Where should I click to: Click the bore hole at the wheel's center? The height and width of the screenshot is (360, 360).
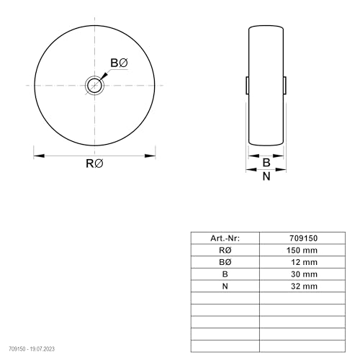(95, 85)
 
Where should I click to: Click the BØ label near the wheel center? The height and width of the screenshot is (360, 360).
(119, 64)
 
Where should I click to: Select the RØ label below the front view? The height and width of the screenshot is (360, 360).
(95, 164)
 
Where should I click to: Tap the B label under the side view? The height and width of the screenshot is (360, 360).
(266, 163)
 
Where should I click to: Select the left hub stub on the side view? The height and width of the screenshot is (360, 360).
(247, 85)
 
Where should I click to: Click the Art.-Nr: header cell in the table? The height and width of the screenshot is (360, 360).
(225, 238)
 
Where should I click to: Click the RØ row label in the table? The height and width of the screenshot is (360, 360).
(225, 250)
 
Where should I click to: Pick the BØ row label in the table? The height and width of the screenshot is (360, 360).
(225, 262)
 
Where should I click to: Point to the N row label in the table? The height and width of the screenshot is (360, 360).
(225, 287)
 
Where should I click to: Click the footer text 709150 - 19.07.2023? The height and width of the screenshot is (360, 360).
(30, 348)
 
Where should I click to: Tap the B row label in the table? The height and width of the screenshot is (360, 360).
(225, 274)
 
